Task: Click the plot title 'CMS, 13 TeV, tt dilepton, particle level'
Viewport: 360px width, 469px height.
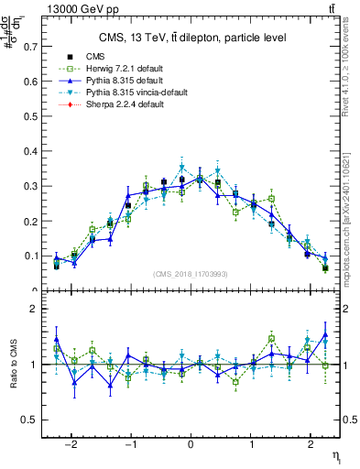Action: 192,38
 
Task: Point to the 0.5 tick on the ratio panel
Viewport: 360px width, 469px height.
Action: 32,420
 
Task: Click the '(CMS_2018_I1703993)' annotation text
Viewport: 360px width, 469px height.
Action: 190,274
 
